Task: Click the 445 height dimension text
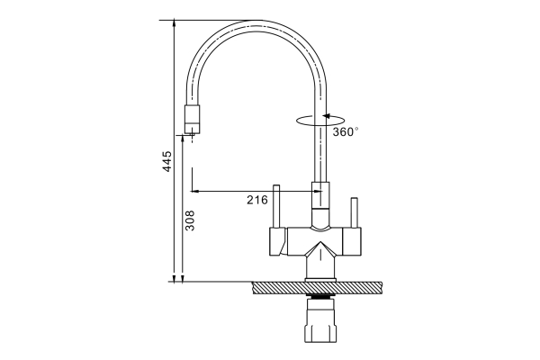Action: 167,161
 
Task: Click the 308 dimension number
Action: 190,220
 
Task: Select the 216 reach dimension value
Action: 256,200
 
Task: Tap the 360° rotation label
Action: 345,131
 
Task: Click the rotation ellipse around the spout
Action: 320,121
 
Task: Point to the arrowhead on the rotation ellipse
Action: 326,116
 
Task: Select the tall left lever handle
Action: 276,207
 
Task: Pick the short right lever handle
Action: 354,213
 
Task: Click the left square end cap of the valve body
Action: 278,242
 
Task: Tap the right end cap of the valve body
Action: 352,242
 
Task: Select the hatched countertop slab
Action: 317,288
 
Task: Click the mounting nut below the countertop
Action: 320,321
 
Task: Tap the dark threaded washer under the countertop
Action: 320,296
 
